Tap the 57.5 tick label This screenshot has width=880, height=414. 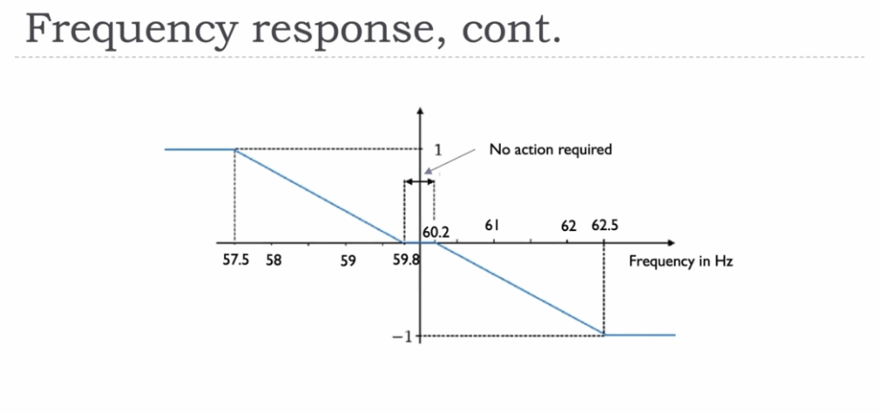point(235,260)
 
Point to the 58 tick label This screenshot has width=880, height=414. point(273,260)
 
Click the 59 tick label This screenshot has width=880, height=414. point(348,260)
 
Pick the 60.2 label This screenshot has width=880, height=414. point(436,231)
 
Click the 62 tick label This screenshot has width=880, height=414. point(568,227)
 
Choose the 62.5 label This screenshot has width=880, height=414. point(605,227)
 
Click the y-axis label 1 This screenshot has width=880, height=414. point(437,149)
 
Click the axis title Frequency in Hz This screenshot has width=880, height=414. point(681,260)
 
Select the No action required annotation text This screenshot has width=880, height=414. point(550,149)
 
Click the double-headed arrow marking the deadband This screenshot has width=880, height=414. point(419,181)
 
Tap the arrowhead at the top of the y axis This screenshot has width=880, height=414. point(420,112)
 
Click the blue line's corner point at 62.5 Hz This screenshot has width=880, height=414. point(604,334)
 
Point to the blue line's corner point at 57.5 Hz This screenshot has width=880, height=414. point(235,149)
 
